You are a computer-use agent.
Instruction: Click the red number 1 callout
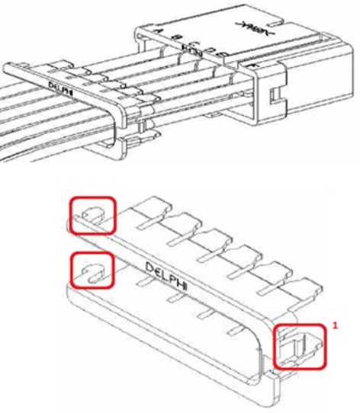click(333, 325)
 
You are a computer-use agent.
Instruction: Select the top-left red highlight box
click(93, 215)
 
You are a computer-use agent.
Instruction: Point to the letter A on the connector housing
click(159, 31)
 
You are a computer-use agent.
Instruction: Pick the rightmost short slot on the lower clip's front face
click(240, 328)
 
